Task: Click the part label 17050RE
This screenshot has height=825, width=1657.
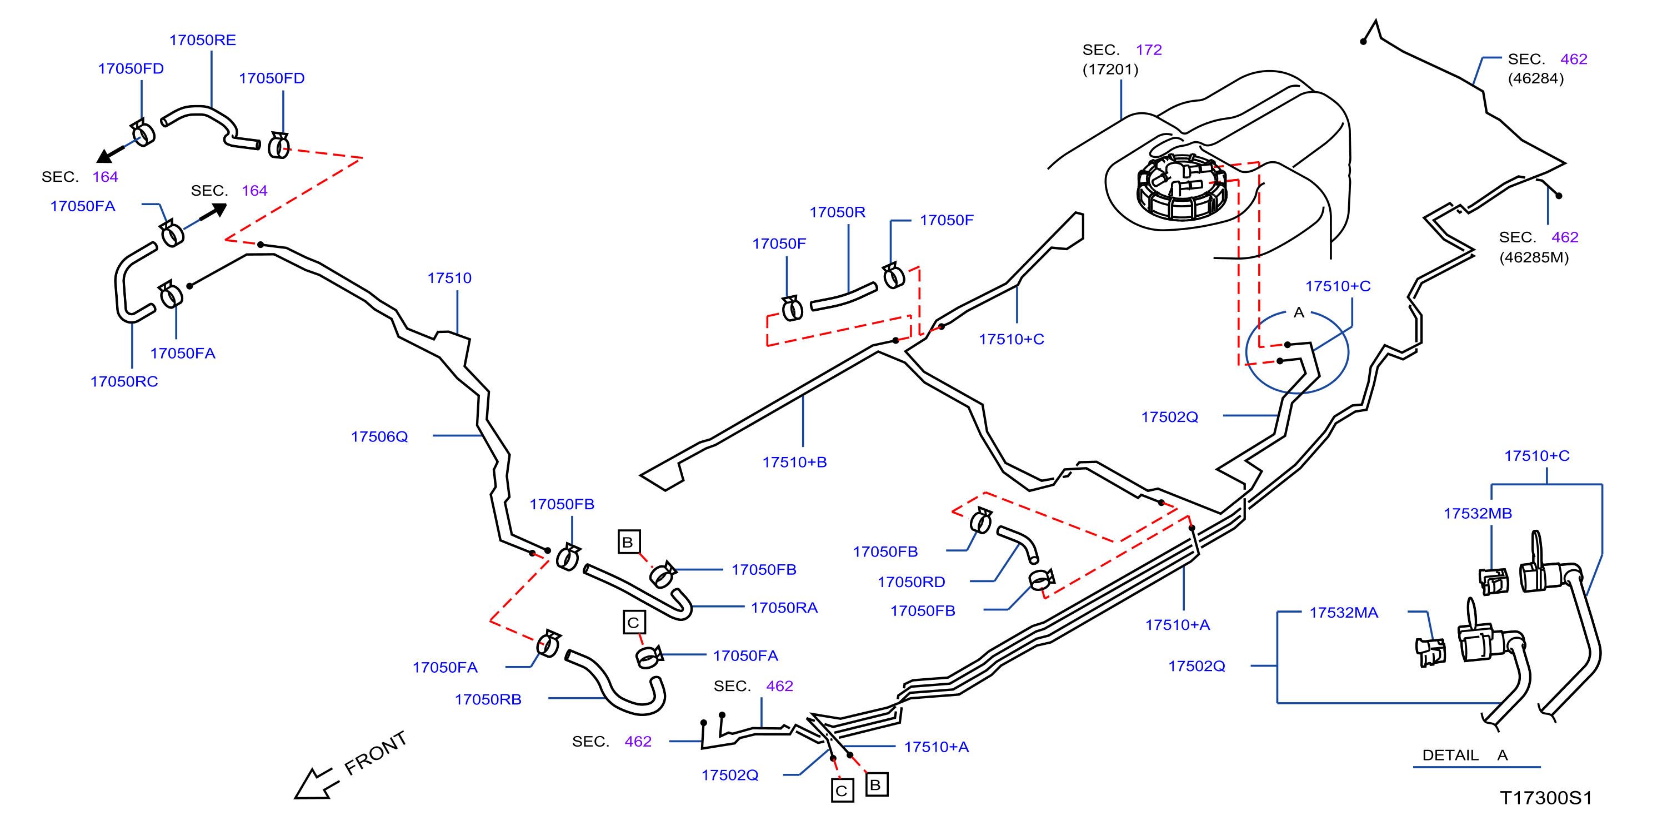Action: coord(203,40)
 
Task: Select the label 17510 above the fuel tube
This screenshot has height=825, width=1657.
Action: coord(449,278)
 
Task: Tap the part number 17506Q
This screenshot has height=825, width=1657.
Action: coord(379,436)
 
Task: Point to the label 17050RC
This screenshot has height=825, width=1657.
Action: coord(124,381)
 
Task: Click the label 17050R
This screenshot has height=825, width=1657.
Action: coord(838,212)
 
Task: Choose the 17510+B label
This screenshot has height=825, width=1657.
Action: coord(794,462)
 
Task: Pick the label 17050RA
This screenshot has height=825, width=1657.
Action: coord(784,608)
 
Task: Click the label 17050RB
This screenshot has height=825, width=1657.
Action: coord(488,699)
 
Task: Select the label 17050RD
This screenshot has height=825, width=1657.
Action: coord(912,582)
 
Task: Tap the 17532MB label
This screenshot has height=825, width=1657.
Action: coord(1478,514)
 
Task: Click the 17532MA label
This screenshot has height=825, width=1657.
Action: coord(1344,613)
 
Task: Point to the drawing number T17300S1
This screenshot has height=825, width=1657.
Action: coord(1546,798)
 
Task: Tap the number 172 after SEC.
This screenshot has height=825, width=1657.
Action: coord(1149,49)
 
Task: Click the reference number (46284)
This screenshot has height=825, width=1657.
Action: coord(1535,78)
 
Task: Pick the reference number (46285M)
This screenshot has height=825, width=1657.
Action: coord(1534,257)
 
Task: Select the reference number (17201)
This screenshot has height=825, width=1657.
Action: coord(1110,69)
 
